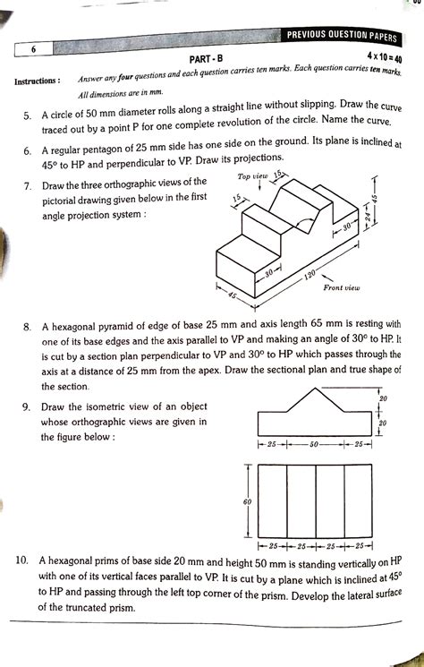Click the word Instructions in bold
pyautogui.click(x=38, y=82)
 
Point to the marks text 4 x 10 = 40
pyautogui.click(x=373, y=57)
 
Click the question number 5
pyautogui.click(x=29, y=115)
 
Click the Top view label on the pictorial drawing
pyautogui.click(x=253, y=177)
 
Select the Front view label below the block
pyautogui.click(x=341, y=287)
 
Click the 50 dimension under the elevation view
pyautogui.click(x=314, y=444)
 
